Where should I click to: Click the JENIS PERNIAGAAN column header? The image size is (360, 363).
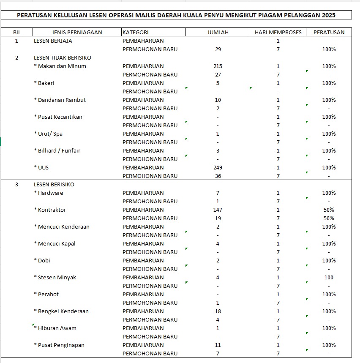(76, 32)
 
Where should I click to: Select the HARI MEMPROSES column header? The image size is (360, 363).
(278, 32)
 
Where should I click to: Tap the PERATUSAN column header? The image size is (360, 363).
(329, 32)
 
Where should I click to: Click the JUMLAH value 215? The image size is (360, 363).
(218, 66)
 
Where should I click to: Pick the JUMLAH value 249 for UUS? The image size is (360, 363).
(218, 167)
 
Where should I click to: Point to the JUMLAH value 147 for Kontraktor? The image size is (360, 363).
(218, 210)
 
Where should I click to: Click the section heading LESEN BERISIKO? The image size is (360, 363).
(54, 184)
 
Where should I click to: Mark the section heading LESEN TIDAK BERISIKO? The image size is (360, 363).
(63, 57)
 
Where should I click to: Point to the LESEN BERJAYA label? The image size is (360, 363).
(53, 41)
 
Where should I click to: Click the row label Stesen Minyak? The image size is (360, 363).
(57, 277)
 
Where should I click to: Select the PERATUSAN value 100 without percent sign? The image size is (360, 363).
(329, 277)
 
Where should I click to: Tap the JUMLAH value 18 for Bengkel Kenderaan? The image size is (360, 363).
(218, 311)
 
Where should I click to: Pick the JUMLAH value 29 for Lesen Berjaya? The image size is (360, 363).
(218, 49)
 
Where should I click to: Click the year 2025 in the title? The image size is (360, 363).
(328, 15)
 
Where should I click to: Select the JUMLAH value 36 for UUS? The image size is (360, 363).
(218, 176)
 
